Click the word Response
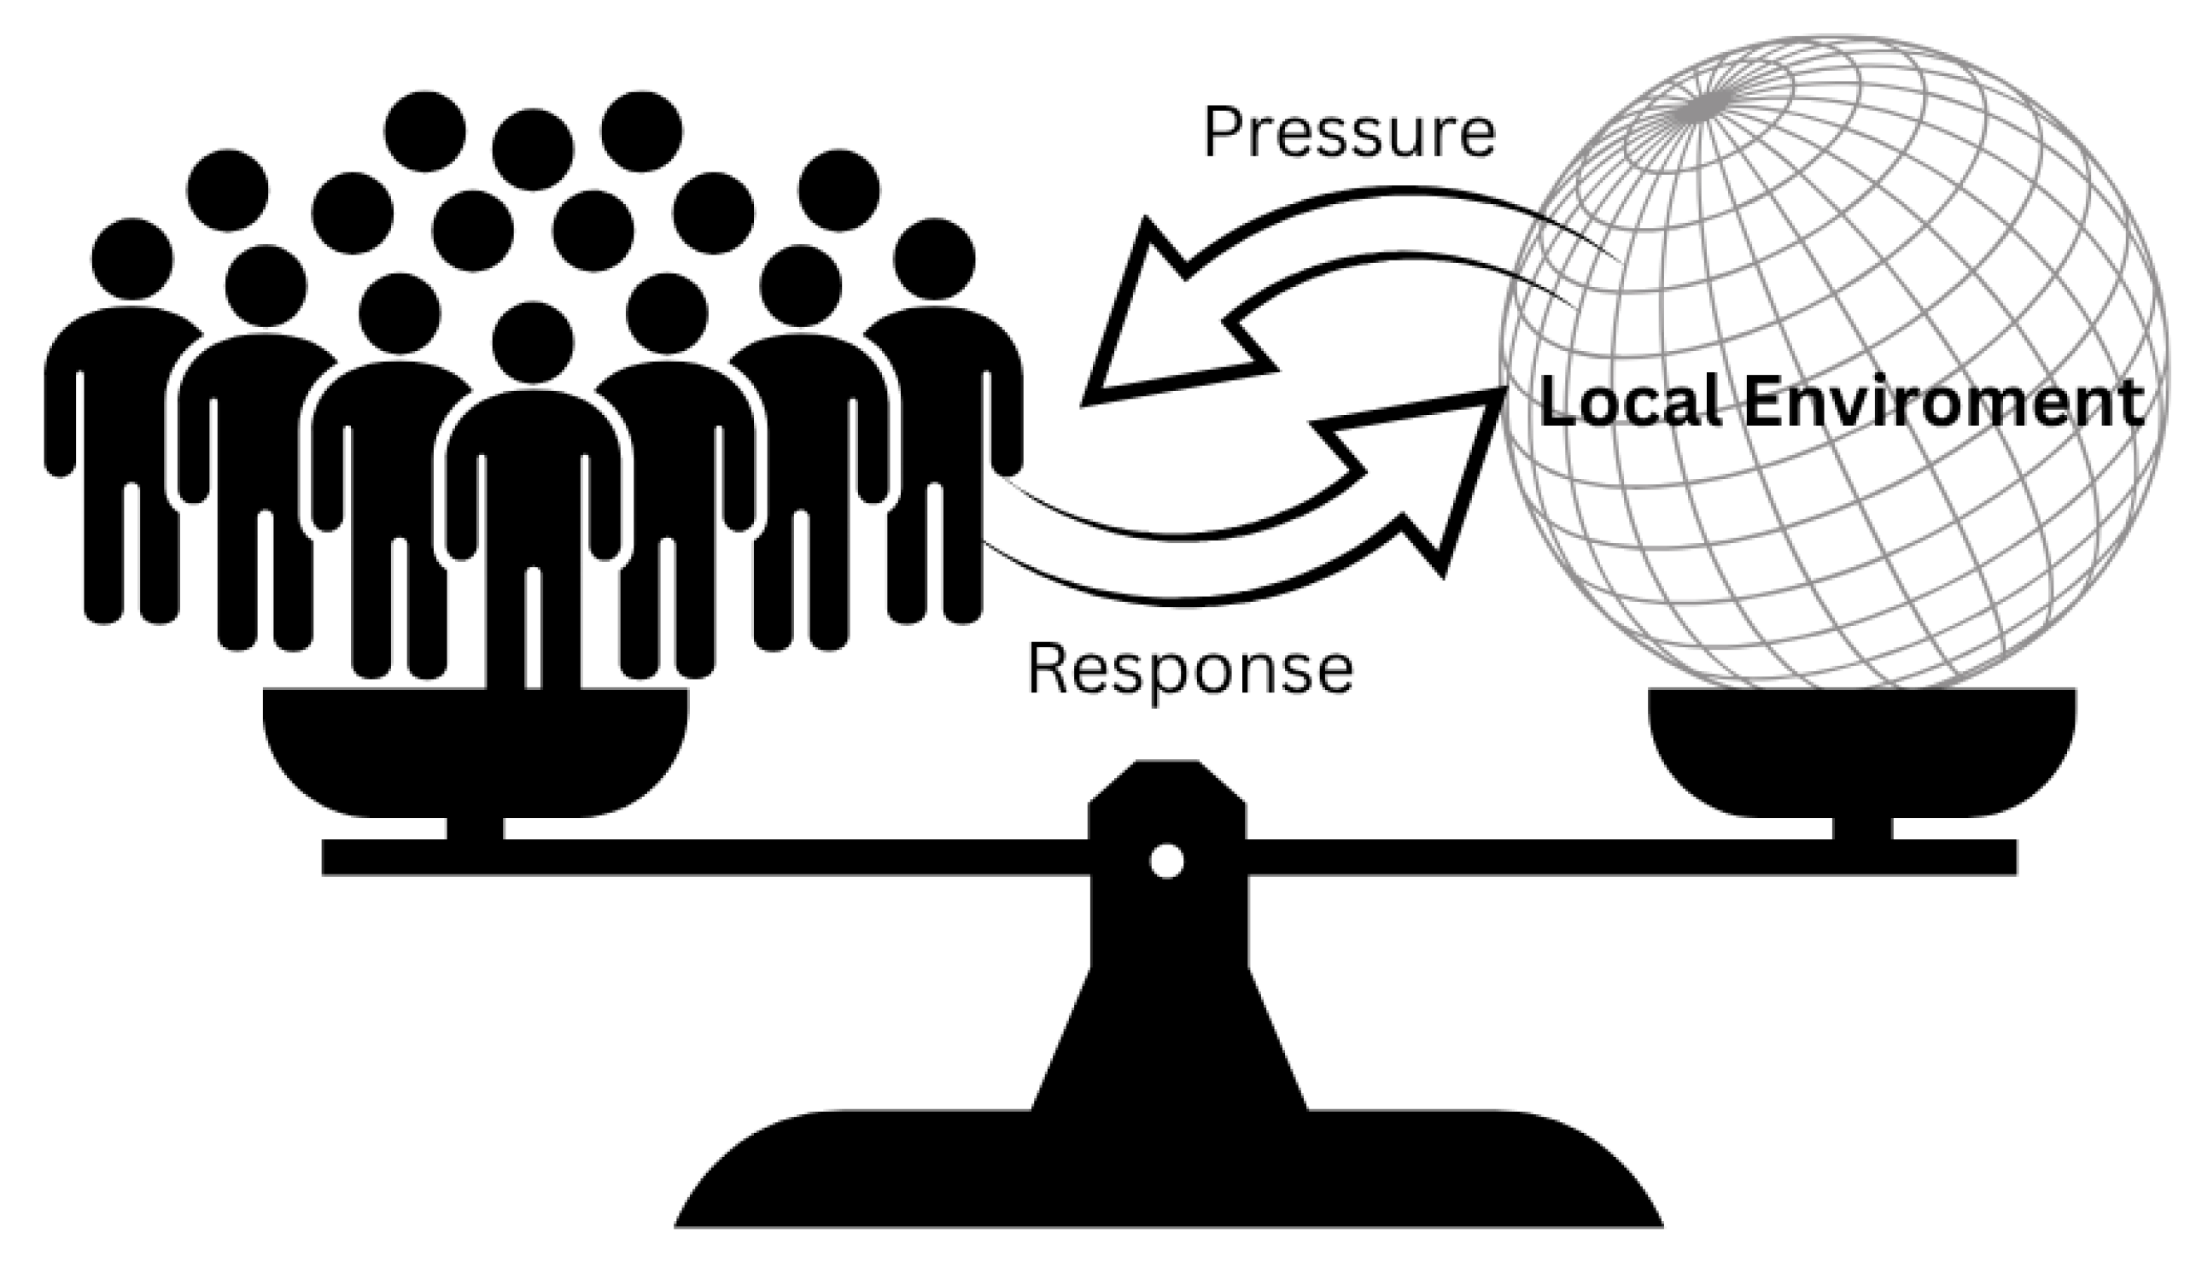1190,670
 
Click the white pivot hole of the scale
1166,862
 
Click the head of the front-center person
533,342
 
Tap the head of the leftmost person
132,259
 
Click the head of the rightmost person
934,259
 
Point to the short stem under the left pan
476,828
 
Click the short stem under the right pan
1862,828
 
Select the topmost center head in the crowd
533,149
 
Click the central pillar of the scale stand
1166,1002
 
